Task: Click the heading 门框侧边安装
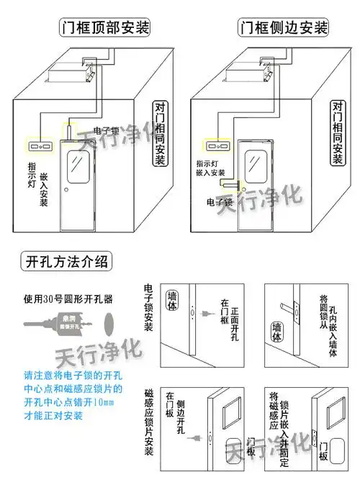282,28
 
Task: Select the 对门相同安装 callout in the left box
161,134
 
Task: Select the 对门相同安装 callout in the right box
337,134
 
